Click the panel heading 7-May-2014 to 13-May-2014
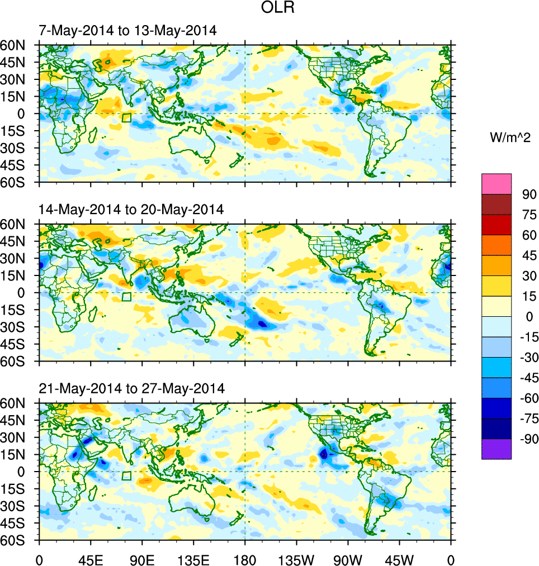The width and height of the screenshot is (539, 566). [127, 31]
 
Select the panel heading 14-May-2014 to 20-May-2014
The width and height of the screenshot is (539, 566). [131, 210]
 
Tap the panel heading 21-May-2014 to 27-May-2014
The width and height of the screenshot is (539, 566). [131, 388]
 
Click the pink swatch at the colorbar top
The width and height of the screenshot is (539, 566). [497, 183]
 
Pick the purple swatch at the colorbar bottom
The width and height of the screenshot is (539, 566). [497, 449]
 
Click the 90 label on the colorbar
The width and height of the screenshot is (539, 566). [528, 194]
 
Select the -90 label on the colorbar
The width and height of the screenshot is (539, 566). [526, 439]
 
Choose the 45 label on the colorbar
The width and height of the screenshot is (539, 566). [528, 256]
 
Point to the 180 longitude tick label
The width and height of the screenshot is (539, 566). [245, 559]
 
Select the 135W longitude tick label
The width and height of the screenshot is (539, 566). [296, 559]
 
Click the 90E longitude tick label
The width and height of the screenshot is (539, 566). [142, 559]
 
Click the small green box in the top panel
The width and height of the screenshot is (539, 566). [127, 117]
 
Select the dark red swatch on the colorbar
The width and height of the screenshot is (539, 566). [497, 204]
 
